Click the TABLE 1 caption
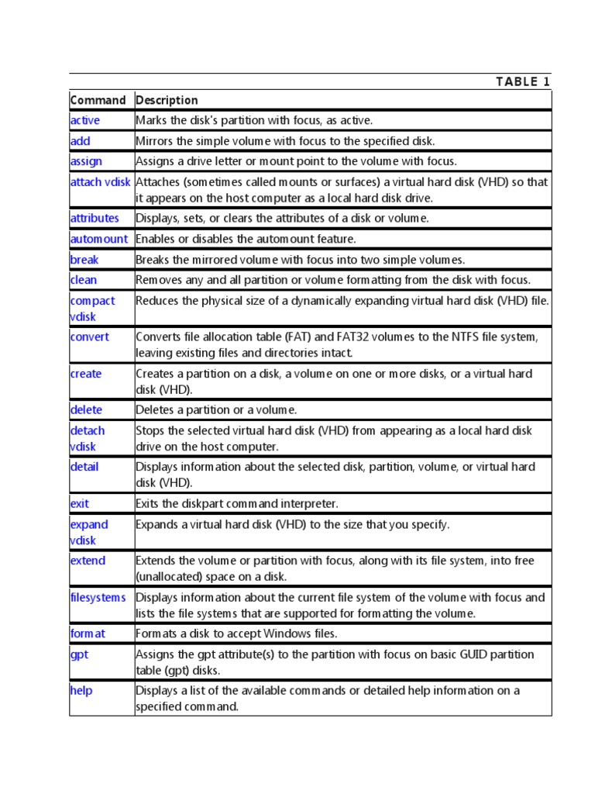pos(523,82)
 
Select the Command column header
pos(98,100)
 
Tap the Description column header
pos(167,100)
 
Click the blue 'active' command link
pos(84,120)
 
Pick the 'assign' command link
pos(85,161)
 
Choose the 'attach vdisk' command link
pos(101,181)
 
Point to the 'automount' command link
pos(98,239)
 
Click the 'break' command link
pos(84,260)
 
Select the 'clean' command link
pos(84,280)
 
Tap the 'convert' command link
pos(89,337)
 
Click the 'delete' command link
pos(86,409)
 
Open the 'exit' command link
pos(79,503)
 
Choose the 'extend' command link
pos(88,561)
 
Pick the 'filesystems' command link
pos(98,597)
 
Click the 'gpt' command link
pos(79,654)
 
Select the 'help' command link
pos(81,690)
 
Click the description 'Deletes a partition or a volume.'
pos(216,409)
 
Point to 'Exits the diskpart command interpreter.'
pos(237,503)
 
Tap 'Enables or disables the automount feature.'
pos(246,239)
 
